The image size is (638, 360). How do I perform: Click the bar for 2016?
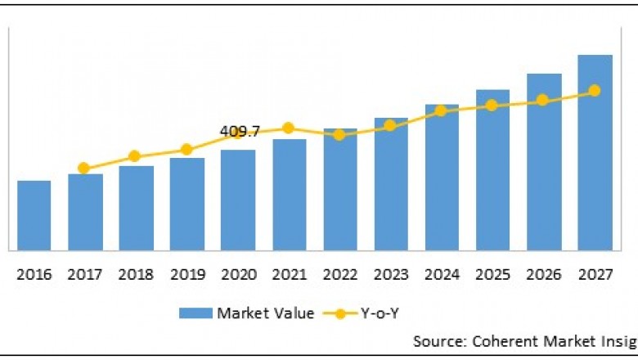tap(34, 215)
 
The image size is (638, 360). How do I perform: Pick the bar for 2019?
tap(186, 205)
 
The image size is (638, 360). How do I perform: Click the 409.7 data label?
tap(240, 131)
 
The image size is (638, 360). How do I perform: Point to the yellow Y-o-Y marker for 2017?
tap(83, 169)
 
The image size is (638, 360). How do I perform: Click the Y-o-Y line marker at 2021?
tap(288, 128)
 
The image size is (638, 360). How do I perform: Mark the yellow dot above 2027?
tap(595, 91)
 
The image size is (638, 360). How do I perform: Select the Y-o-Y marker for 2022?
tap(339, 134)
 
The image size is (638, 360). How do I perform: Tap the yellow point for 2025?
tap(492, 106)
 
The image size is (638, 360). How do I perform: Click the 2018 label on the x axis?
tap(136, 275)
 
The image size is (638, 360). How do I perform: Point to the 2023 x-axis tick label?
tap(390, 275)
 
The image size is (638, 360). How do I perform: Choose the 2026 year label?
tap(543, 275)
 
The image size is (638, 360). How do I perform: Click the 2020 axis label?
tap(237, 275)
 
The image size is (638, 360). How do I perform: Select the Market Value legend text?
tap(265, 313)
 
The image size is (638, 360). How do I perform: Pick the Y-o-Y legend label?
tap(382, 313)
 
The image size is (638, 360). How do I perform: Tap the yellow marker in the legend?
tap(342, 313)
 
